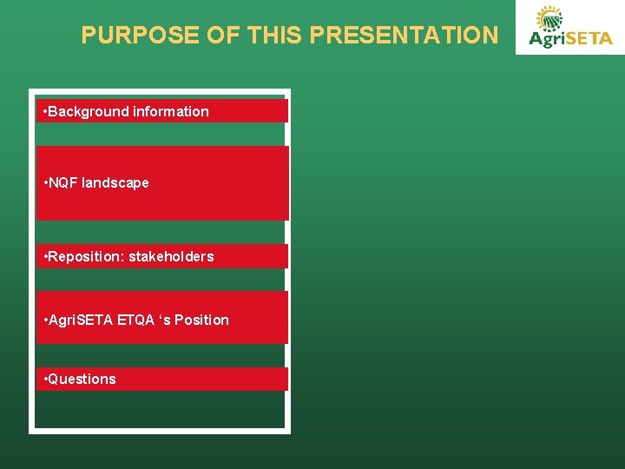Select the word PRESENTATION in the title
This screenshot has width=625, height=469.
click(404, 36)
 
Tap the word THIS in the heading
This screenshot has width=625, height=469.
click(275, 36)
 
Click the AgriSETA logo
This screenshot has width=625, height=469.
click(569, 28)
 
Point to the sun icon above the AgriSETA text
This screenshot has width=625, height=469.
click(549, 18)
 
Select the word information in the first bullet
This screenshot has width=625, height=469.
click(171, 111)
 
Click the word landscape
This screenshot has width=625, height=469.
click(115, 183)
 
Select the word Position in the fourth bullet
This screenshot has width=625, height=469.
click(203, 320)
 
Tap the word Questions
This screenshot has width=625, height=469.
click(82, 379)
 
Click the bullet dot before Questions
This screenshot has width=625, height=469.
click(44, 379)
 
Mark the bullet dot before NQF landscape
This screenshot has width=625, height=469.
click(44, 183)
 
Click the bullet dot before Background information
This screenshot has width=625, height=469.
click(44, 111)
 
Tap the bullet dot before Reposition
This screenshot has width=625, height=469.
click(44, 256)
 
